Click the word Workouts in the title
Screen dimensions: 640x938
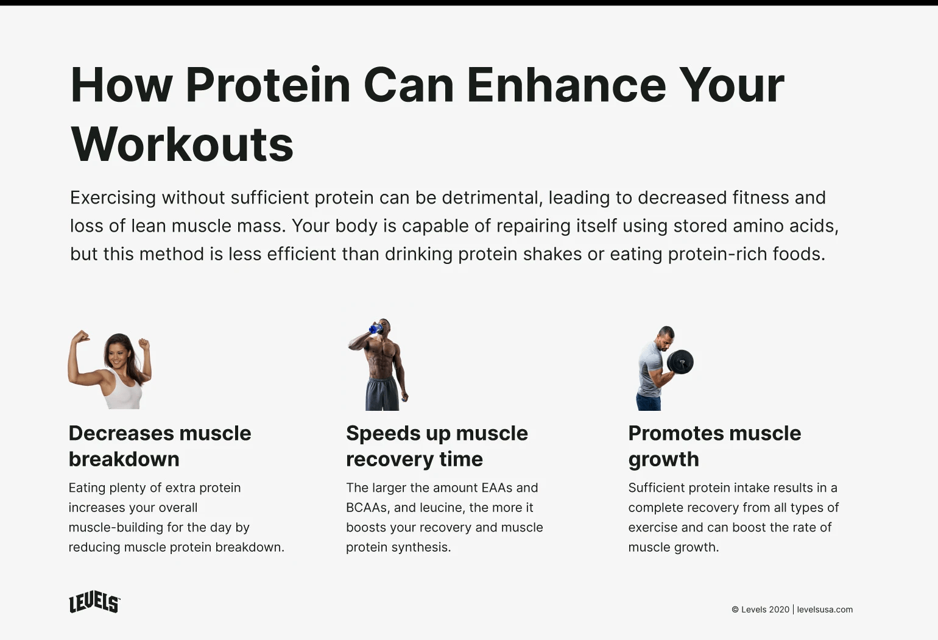point(182,144)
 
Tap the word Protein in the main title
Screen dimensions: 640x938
point(268,85)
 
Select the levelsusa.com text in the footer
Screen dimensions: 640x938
point(825,610)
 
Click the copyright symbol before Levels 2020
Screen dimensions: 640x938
point(735,610)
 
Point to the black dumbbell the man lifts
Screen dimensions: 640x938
point(680,362)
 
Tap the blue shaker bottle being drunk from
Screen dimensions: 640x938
point(375,329)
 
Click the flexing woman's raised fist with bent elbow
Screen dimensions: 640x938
point(80,337)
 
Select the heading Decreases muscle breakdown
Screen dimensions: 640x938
point(160,446)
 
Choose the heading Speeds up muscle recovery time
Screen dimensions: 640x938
point(437,446)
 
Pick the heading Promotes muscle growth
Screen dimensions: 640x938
point(714,446)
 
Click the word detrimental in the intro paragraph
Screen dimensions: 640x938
point(491,197)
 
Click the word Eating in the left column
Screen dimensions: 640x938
point(87,488)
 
